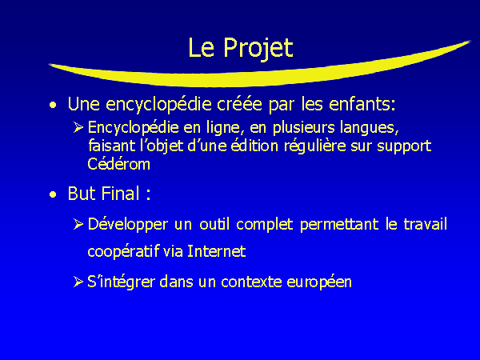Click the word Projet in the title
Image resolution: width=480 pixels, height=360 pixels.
pos(258,48)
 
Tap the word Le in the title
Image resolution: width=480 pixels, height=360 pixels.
pos(201,47)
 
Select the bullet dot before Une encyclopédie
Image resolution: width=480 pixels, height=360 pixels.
pos(53,106)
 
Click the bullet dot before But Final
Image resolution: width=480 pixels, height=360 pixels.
pos(53,194)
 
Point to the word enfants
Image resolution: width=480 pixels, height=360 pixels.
pos(362,104)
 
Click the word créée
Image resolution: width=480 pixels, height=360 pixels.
pos(239,104)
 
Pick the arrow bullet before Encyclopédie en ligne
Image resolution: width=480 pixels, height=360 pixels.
pos(78,127)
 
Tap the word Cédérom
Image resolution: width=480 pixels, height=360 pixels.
pos(118,164)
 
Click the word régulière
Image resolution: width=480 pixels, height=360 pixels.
pos(314,146)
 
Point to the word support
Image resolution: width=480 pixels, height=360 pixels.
pos(404,147)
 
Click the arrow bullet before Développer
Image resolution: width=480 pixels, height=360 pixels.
pos(78,224)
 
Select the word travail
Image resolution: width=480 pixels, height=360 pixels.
pos(426,224)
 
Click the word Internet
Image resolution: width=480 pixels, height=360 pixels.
pos(217,251)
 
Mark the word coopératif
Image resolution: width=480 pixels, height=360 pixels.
pos(124,252)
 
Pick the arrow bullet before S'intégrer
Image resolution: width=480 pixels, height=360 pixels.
pos(78,282)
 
